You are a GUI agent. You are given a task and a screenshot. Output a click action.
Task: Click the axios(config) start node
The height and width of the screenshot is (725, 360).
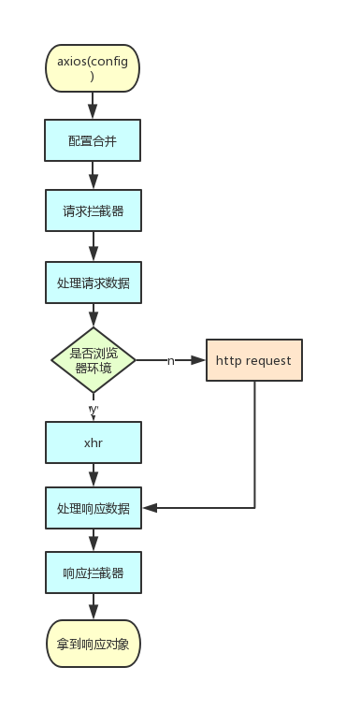93,68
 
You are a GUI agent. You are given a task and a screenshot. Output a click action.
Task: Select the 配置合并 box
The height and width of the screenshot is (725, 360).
93,141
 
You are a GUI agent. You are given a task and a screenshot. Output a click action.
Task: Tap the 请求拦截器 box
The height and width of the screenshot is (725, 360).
93,211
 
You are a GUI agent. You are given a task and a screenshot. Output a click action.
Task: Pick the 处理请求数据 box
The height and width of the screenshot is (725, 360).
93,283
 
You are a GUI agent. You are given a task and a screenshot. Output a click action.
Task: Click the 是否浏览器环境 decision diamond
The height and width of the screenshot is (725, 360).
93,359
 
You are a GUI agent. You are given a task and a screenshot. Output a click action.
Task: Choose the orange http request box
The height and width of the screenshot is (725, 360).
253,360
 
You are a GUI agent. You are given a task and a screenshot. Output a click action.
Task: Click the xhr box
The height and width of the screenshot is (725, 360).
93,442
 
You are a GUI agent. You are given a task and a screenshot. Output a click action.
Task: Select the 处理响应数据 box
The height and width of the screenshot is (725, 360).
93,509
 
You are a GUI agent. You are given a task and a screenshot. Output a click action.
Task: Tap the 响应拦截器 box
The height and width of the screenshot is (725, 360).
93,573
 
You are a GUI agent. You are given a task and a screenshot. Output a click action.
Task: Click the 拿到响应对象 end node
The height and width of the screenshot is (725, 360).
93,644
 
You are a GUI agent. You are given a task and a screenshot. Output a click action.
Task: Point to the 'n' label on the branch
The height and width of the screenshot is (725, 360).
171,360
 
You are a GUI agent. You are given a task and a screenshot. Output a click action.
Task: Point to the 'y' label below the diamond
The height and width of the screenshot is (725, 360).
93,410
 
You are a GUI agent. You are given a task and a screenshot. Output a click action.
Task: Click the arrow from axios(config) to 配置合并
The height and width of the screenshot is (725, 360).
93,106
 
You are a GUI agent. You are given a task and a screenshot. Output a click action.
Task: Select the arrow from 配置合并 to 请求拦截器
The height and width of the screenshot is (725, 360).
93,177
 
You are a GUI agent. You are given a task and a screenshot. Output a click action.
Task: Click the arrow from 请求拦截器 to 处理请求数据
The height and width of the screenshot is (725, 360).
93,247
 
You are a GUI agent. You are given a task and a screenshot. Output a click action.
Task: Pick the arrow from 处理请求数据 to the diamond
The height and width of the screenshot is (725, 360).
93,316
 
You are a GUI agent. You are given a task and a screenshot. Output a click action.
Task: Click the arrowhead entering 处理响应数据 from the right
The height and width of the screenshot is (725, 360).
148,508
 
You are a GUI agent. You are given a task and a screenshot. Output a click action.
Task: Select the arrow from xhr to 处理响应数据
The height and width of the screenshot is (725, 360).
93,475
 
